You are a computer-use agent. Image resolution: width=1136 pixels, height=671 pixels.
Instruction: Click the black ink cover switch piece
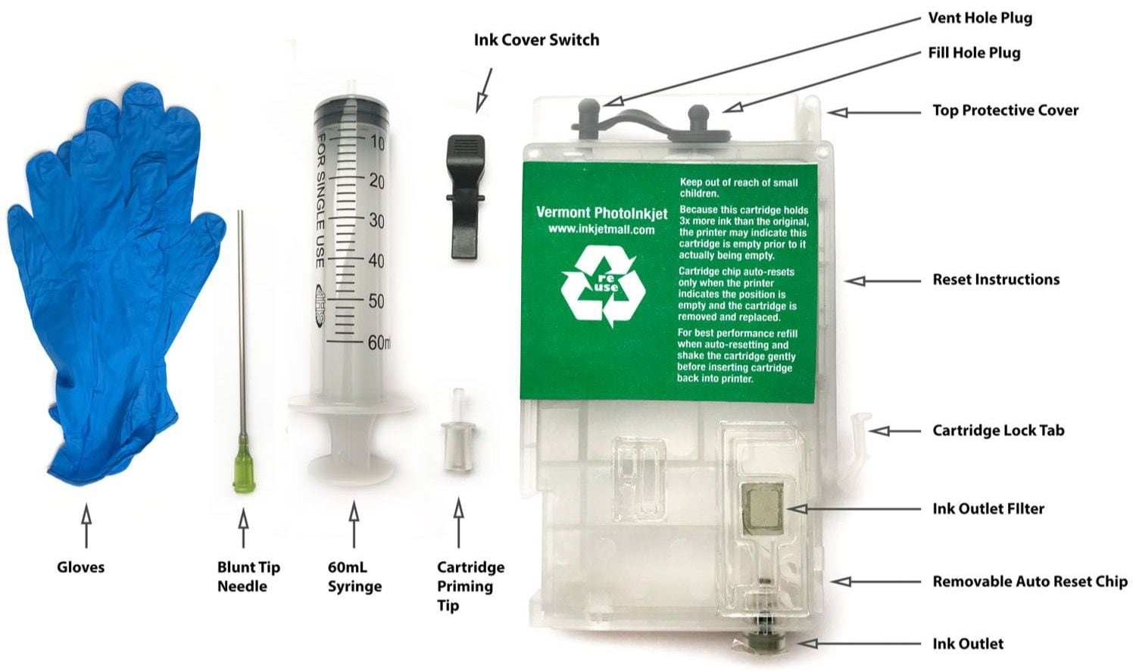coord(467,197)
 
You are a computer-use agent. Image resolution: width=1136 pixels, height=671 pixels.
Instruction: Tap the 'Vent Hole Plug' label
coord(980,17)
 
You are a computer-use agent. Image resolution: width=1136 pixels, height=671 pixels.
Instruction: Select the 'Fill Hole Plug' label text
coord(974,52)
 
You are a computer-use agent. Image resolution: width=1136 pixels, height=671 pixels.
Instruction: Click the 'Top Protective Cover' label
coord(1005,110)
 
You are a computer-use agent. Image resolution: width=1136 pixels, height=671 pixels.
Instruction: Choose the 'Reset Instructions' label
coord(996,279)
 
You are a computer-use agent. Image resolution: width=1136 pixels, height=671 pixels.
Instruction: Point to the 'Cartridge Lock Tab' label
coord(998,430)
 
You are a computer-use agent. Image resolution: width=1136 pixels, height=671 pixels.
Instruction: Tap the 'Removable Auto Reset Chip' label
coord(1029,581)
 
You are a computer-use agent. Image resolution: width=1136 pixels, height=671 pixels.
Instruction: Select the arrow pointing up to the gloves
coord(86,526)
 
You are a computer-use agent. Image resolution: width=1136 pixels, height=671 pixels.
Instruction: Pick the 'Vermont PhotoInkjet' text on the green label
coord(601,213)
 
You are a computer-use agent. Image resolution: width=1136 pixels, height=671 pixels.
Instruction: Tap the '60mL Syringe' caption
coord(354,576)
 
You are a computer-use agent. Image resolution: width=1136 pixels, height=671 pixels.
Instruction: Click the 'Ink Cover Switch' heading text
coord(536,39)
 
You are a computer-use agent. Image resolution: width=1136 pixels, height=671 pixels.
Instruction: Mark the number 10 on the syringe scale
coord(376,143)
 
